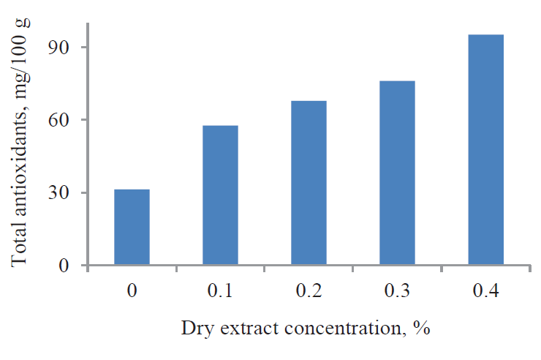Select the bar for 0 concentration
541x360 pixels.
[x=132, y=227]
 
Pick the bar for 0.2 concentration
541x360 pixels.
[x=309, y=182]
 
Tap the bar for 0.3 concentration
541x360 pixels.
[x=397, y=173]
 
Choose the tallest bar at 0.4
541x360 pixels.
[x=485, y=149]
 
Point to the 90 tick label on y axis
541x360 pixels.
[x=58, y=47]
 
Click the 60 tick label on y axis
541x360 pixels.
[x=58, y=120]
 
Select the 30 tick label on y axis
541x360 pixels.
[x=58, y=193]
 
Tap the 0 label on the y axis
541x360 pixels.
[x=64, y=265]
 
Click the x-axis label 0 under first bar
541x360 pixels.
[x=132, y=290]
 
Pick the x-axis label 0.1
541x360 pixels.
[x=220, y=290]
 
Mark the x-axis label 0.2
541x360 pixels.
[x=309, y=290]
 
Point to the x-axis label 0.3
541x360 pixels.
[x=397, y=290]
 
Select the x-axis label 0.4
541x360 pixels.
[x=485, y=290]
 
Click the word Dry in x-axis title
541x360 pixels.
[x=194, y=328]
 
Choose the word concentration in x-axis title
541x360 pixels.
[x=338, y=328]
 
